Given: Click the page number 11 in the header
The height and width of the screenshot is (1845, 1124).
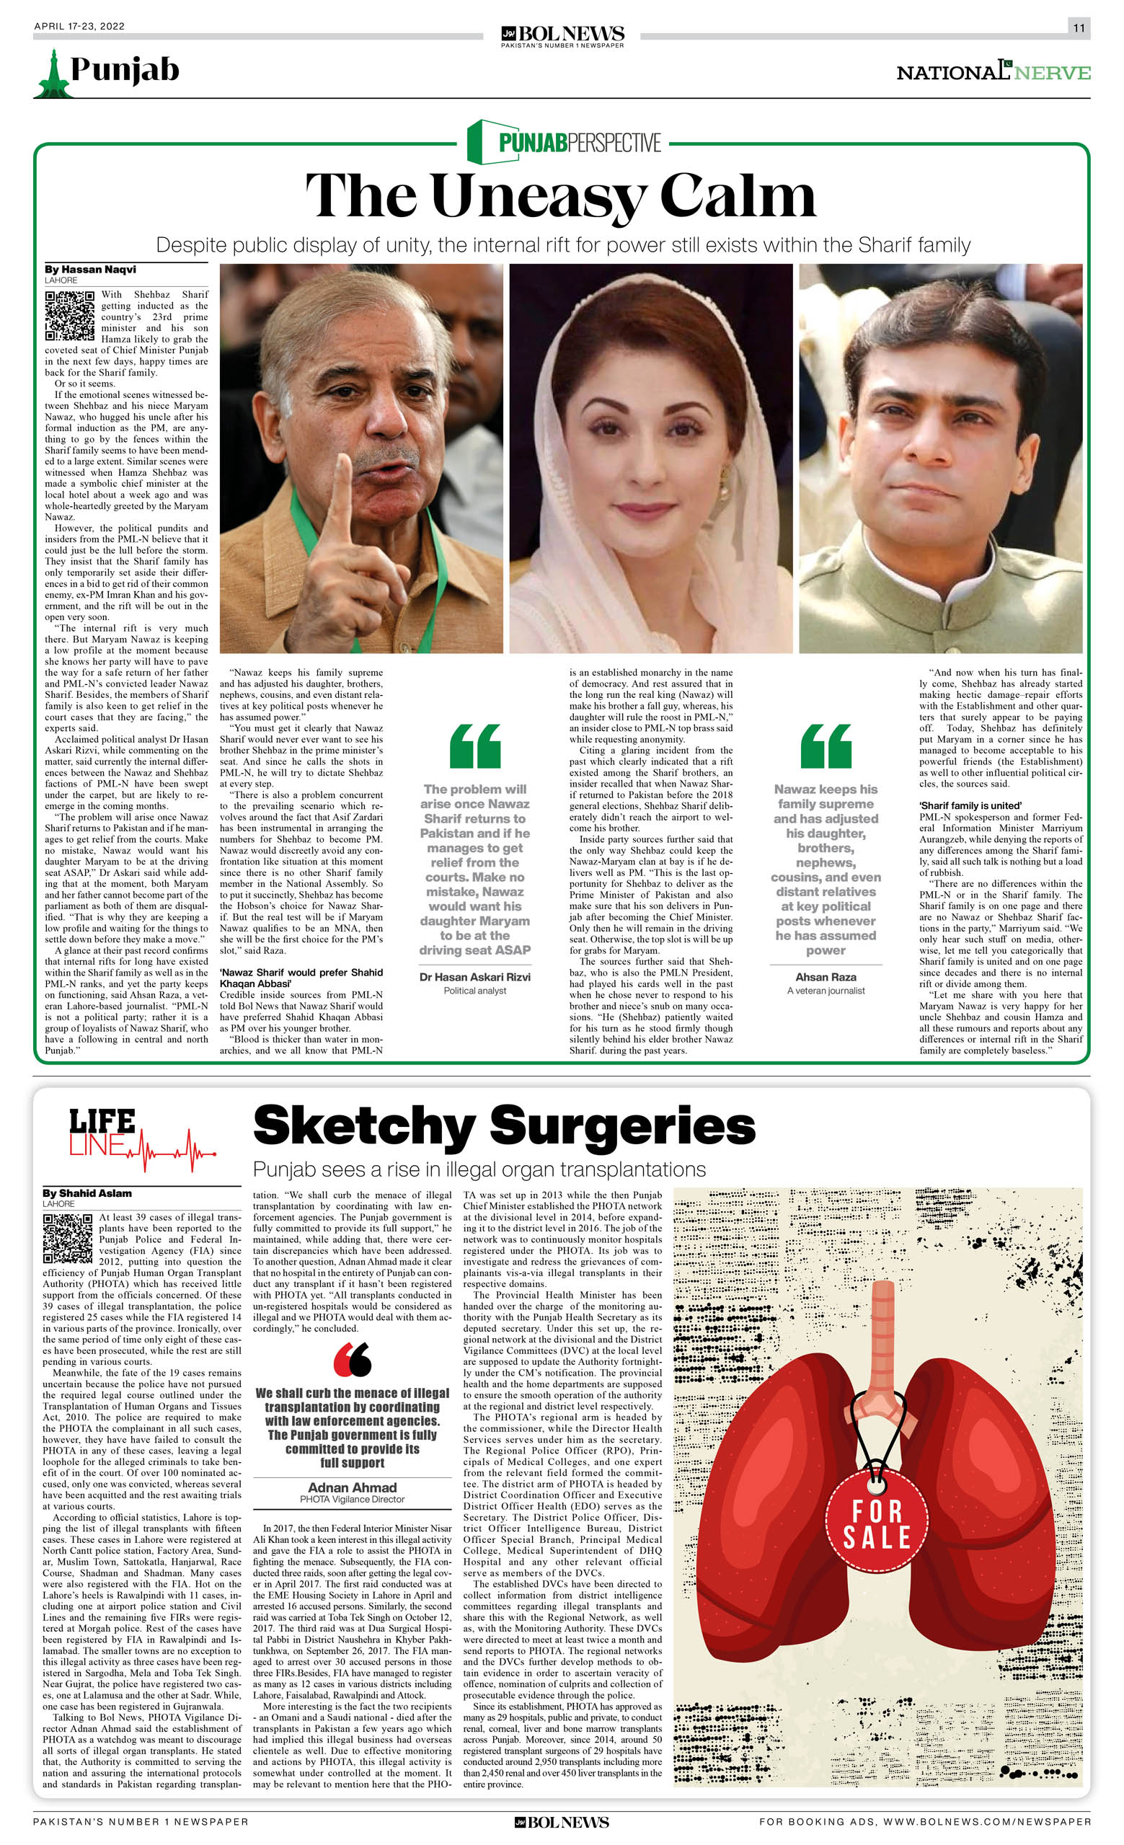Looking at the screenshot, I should pyautogui.click(x=1079, y=27).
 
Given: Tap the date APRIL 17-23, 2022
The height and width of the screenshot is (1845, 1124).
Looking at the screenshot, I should pyautogui.click(x=79, y=26).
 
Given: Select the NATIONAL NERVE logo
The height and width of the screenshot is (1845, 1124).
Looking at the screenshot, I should pyautogui.click(x=993, y=72).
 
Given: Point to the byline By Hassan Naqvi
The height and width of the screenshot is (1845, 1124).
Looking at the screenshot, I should pyautogui.click(x=90, y=269).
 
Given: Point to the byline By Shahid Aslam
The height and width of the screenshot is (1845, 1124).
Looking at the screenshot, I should pyautogui.click(x=87, y=1193).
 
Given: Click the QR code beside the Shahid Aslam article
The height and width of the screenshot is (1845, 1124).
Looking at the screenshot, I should pyautogui.click(x=67, y=1240).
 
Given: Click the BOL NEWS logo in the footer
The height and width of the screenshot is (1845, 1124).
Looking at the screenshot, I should pyautogui.click(x=562, y=1822).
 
